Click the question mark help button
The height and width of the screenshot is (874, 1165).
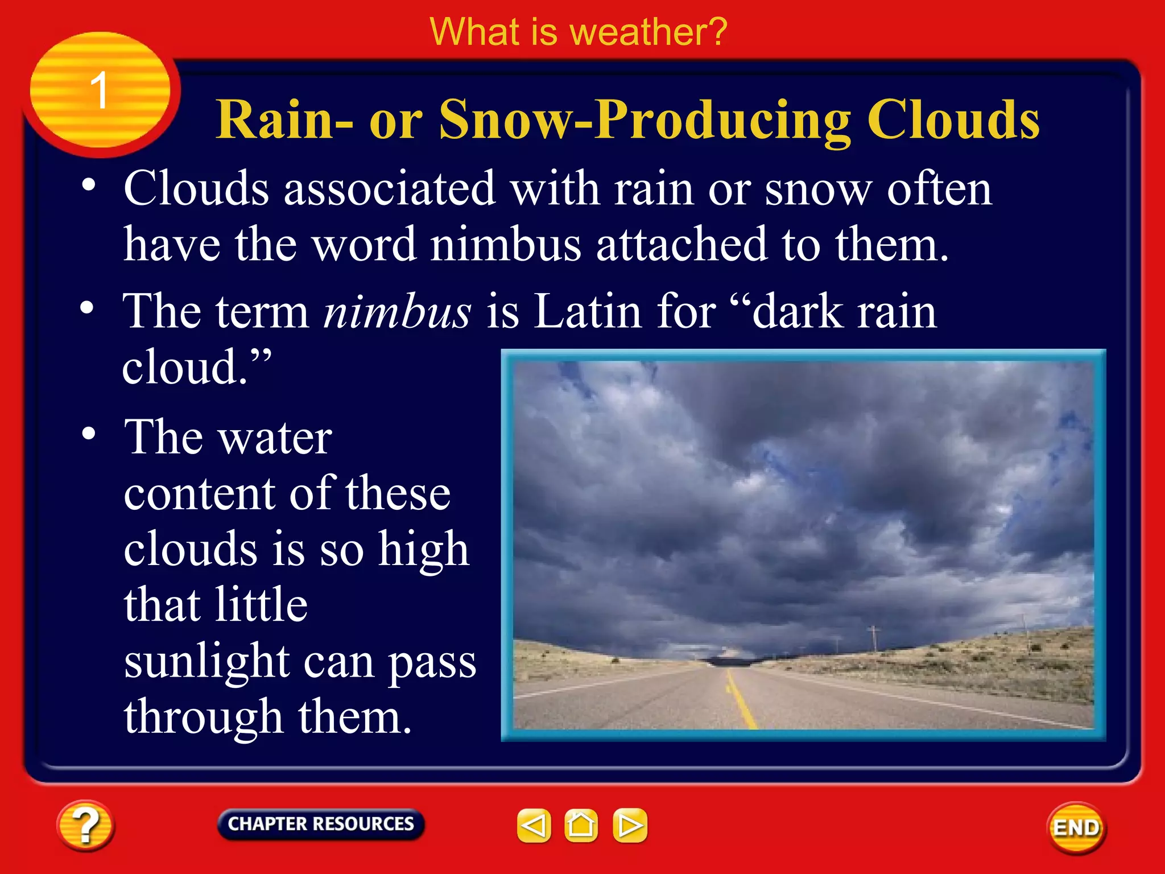85,825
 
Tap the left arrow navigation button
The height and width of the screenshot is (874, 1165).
534,825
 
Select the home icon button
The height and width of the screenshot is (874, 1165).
581,825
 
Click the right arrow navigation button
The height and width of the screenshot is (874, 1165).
630,825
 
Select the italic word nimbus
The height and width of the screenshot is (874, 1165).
397,312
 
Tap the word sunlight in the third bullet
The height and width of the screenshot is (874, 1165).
207,662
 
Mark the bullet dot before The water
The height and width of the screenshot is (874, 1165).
89,434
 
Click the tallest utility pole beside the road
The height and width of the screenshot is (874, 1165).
873,638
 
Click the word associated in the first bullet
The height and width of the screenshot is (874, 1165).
390,189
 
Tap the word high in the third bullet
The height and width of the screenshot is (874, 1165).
424,550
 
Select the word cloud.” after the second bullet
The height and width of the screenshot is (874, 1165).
196,367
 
